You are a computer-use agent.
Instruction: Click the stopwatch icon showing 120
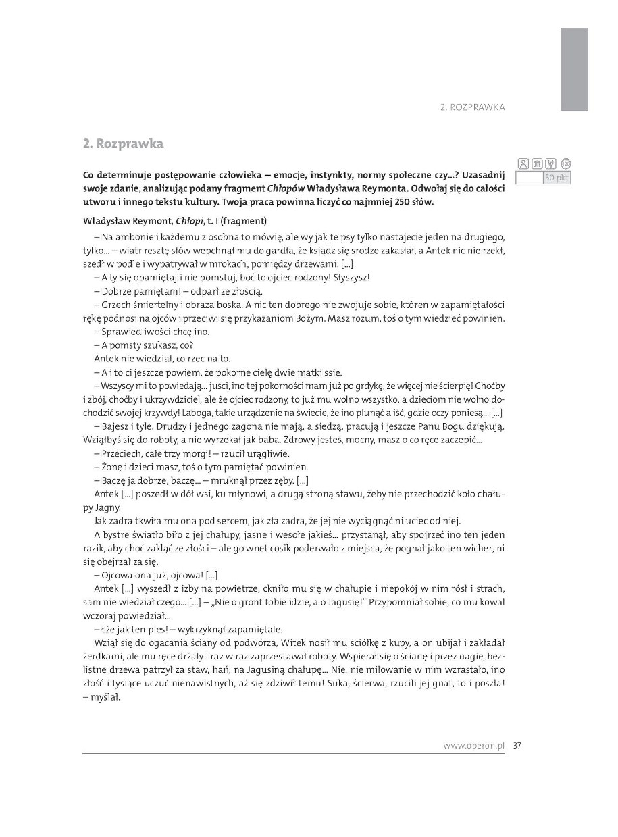tap(566, 163)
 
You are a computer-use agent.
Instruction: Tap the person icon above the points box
tap(523, 163)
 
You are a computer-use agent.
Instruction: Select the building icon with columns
tap(537, 163)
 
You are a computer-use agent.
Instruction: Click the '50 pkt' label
tap(557, 178)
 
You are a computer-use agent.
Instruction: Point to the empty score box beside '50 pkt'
tap(529, 178)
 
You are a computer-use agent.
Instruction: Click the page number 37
tap(517, 746)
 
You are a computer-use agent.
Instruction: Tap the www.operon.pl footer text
tap(474, 746)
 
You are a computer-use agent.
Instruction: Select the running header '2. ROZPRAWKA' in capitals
tap(472, 107)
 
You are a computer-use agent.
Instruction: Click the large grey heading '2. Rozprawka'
tap(123, 144)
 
